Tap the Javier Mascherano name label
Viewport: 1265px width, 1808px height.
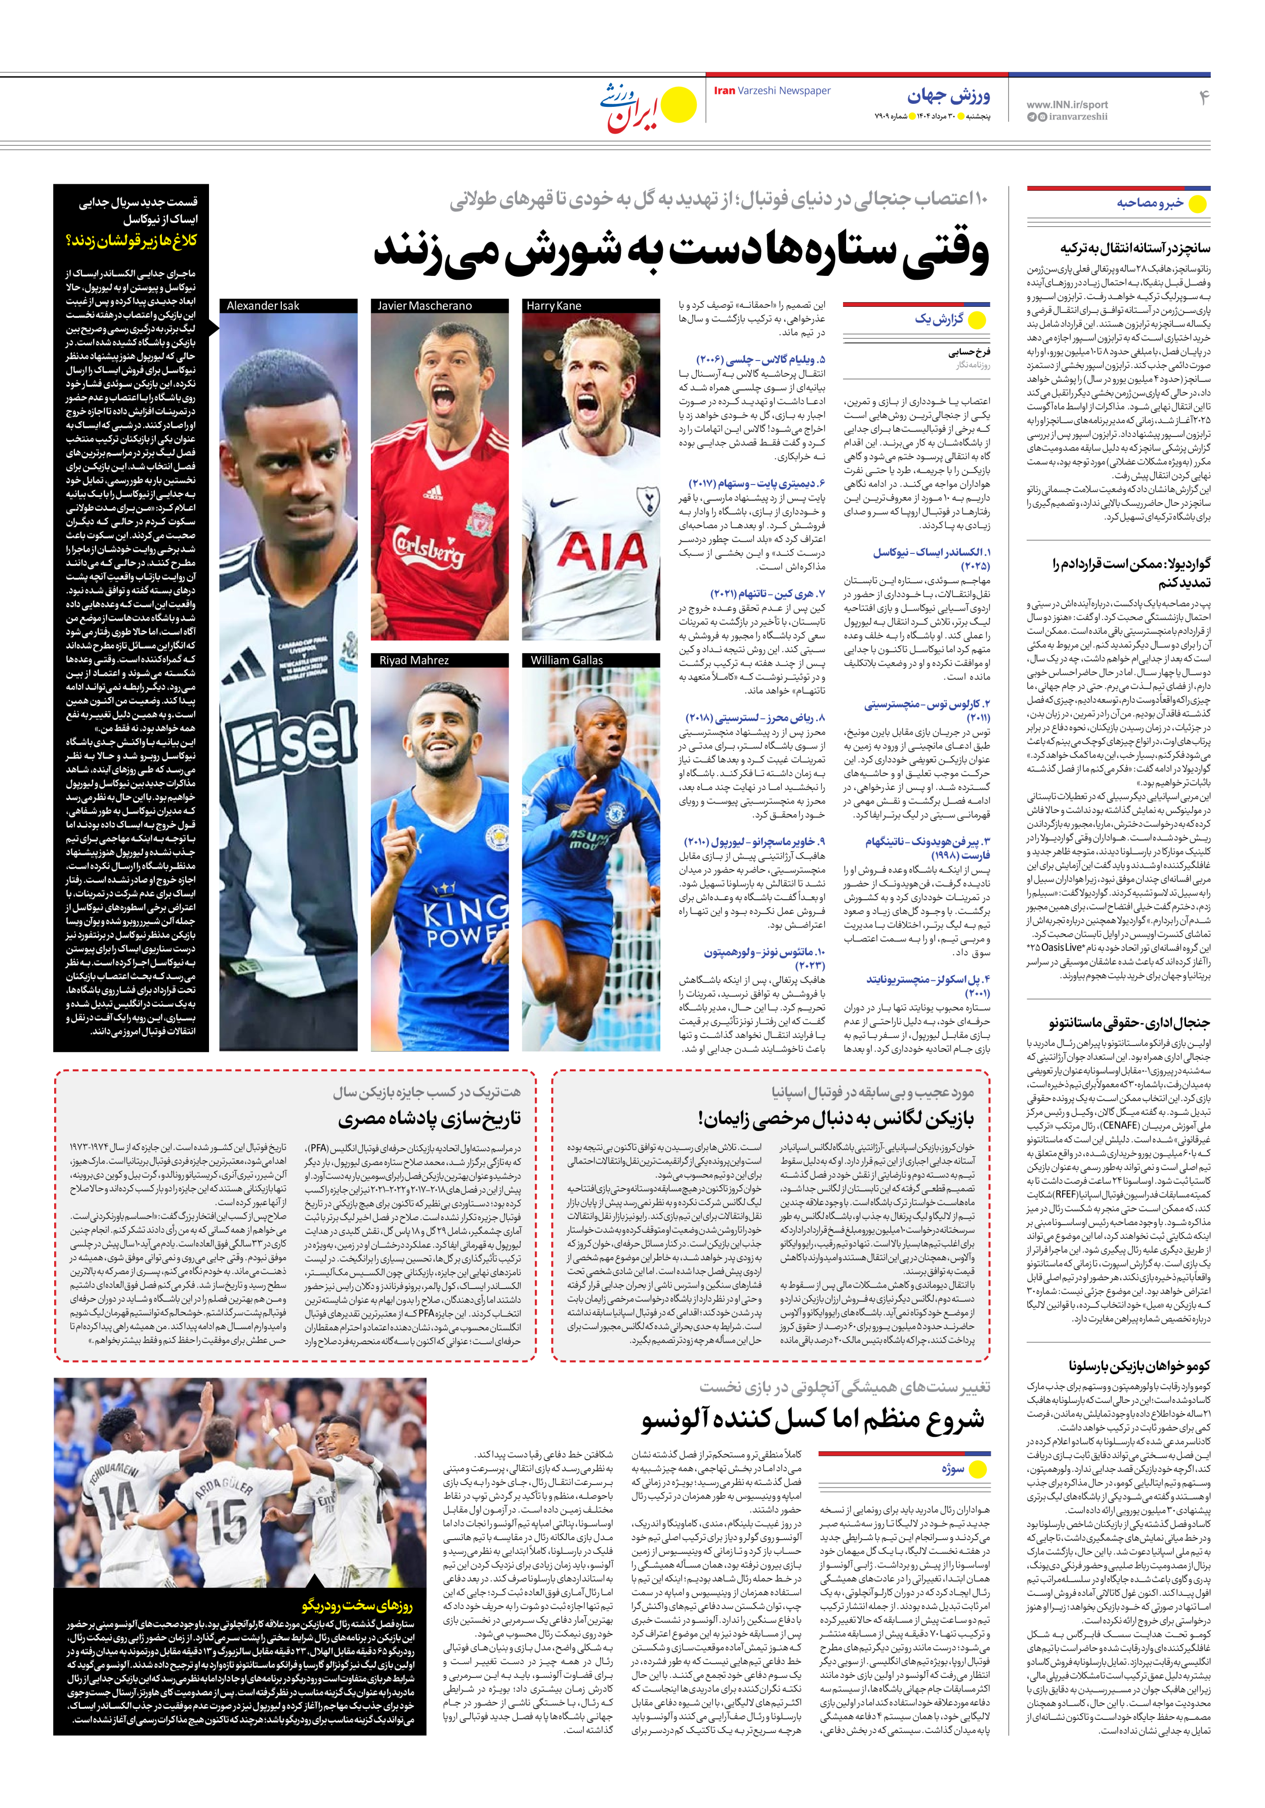coord(425,305)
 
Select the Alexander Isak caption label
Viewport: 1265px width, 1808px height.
coord(263,305)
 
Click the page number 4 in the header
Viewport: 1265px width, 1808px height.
coord(1203,98)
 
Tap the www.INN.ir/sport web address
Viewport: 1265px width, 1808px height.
coord(1067,104)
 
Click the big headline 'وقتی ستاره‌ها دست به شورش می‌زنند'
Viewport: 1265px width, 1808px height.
coord(681,253)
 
